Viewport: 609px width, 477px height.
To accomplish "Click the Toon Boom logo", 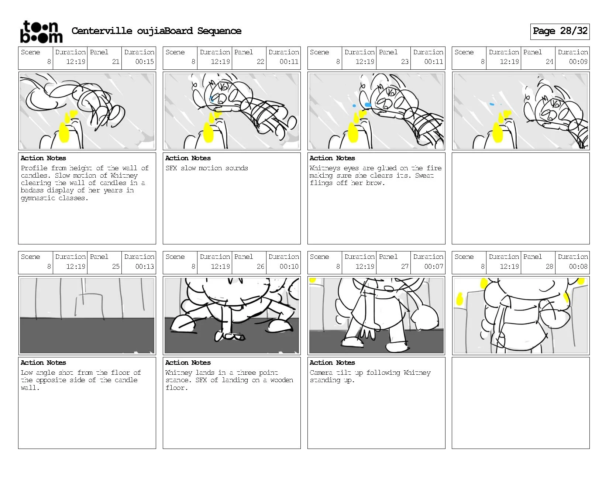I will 41,32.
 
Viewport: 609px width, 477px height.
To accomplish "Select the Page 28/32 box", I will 560,31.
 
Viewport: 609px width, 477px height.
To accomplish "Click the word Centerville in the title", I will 102,31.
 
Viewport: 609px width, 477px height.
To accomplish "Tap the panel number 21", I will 116,62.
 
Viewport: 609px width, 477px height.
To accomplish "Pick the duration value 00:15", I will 144,62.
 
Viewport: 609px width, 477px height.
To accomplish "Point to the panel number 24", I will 549,62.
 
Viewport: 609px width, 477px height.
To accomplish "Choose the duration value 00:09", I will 578,62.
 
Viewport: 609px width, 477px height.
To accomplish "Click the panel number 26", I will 260,267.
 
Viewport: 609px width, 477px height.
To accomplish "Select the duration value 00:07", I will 433,267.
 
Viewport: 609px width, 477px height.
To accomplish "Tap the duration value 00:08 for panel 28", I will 578,267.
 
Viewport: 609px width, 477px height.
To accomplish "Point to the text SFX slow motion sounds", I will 207,168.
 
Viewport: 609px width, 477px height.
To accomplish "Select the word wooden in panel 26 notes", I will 282,380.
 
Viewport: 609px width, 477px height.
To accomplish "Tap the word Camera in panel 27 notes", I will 321,373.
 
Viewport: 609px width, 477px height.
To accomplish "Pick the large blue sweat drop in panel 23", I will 368,105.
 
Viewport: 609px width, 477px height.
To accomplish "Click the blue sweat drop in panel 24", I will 492,104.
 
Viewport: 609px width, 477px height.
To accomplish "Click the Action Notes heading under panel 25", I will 43,363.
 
